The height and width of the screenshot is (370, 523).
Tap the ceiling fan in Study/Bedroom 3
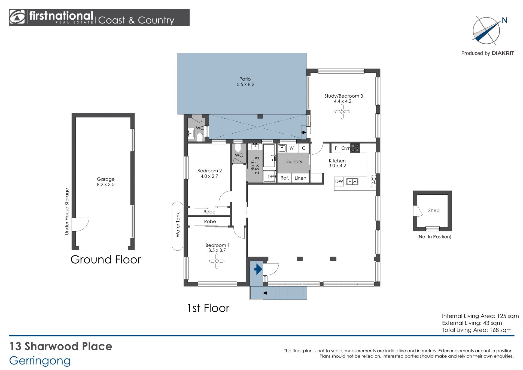pos(342,112)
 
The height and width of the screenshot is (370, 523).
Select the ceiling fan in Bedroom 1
pos(217,261)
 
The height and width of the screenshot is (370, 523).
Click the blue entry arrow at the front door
pos(258,269)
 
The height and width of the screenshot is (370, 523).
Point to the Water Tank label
pos(178,225)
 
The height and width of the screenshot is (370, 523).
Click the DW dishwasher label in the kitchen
pos(339,181)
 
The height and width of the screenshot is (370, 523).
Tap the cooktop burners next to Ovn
pos(355,148)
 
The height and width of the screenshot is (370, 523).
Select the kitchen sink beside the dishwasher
pos(352,181)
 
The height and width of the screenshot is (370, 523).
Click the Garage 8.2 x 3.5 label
pos(106,182)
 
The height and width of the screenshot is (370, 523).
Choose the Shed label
pos(434,210)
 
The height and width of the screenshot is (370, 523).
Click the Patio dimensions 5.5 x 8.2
pos(245,85)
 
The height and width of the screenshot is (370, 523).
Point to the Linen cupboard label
pos(300,178)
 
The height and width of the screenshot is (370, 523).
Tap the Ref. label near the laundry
pos(285,178)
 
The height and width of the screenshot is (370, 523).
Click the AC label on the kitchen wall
pos(374,181)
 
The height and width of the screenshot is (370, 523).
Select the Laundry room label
pos(293,161)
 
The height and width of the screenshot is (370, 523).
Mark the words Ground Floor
pos(106,260)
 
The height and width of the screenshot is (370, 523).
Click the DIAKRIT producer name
pos(503,53)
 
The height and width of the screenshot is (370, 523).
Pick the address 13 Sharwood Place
pos(61,346)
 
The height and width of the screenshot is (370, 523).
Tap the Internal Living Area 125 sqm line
pos(480,316)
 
